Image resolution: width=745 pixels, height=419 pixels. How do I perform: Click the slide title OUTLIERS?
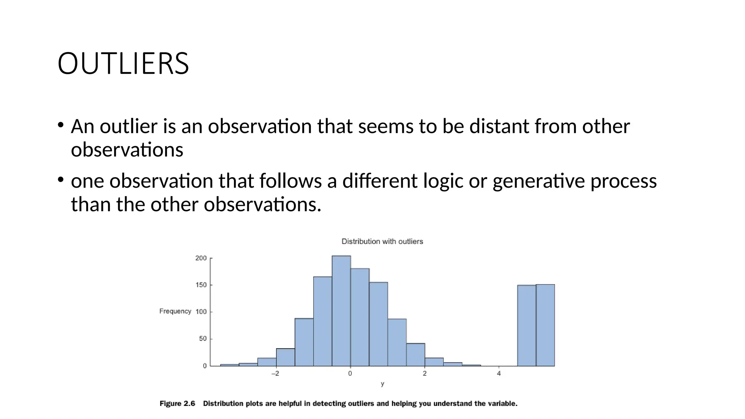point(123,64)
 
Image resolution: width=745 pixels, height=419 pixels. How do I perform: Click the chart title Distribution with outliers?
point(382,242)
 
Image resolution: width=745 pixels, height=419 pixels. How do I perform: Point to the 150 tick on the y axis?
point(201,285)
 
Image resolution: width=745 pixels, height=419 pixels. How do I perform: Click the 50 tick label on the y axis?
point(203,339)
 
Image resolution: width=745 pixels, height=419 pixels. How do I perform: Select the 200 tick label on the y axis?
point(201,258)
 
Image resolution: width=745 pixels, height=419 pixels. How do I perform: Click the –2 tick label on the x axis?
point(275,374)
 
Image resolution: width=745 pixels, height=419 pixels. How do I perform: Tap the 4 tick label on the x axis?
point(499,374)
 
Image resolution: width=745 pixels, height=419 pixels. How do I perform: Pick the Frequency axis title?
point(175,311)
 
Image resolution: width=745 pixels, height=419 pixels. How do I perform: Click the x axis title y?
point(382,384)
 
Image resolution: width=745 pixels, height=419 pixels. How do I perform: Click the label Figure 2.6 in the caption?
point(177,404)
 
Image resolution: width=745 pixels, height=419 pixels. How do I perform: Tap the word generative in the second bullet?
point(538,181)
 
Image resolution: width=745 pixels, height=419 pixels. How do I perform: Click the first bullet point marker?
point(61,125)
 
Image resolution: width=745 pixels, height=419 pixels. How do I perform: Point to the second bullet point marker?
point(61,180)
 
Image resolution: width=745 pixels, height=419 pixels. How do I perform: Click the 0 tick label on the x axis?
point(350,374)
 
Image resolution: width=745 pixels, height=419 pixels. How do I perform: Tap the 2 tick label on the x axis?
point(425,374)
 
